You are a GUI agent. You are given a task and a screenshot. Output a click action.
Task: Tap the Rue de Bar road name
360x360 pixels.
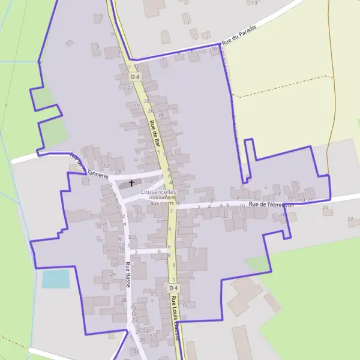click(x=155, y=137)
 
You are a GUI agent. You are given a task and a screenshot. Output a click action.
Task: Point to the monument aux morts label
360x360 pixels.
click(x=162, y=200)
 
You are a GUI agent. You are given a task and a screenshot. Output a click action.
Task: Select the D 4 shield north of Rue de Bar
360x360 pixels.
click(x=135, y=77)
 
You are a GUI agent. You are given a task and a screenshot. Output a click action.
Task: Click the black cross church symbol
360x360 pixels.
click(x=131, y=182)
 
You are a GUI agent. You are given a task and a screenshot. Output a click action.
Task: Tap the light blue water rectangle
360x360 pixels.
click(x=56, y=278)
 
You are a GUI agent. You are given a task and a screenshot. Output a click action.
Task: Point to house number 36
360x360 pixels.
click(x=137, y=351)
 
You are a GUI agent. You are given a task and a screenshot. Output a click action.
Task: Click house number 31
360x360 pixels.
click(x=158, y=331)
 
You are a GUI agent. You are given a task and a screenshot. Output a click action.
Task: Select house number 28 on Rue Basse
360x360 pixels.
click(x=124, y=300)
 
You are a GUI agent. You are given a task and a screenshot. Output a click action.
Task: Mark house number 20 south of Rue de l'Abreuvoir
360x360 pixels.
click(x=326, y=208)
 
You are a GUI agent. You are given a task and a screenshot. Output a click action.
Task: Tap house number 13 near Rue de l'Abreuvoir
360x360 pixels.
click(x=277, y=194)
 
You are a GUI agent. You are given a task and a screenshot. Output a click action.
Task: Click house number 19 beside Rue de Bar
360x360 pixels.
click(x=137, y=105)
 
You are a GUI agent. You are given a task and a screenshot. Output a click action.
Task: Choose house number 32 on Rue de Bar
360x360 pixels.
click(x=145, y=90)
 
